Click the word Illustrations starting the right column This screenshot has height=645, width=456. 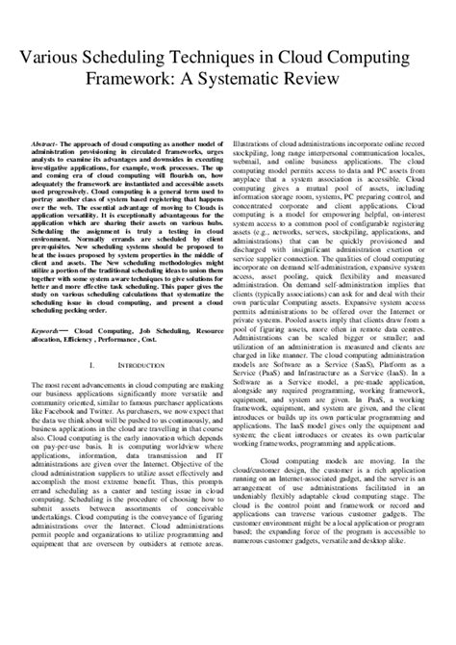pyautogui.click(x=257, y=143)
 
